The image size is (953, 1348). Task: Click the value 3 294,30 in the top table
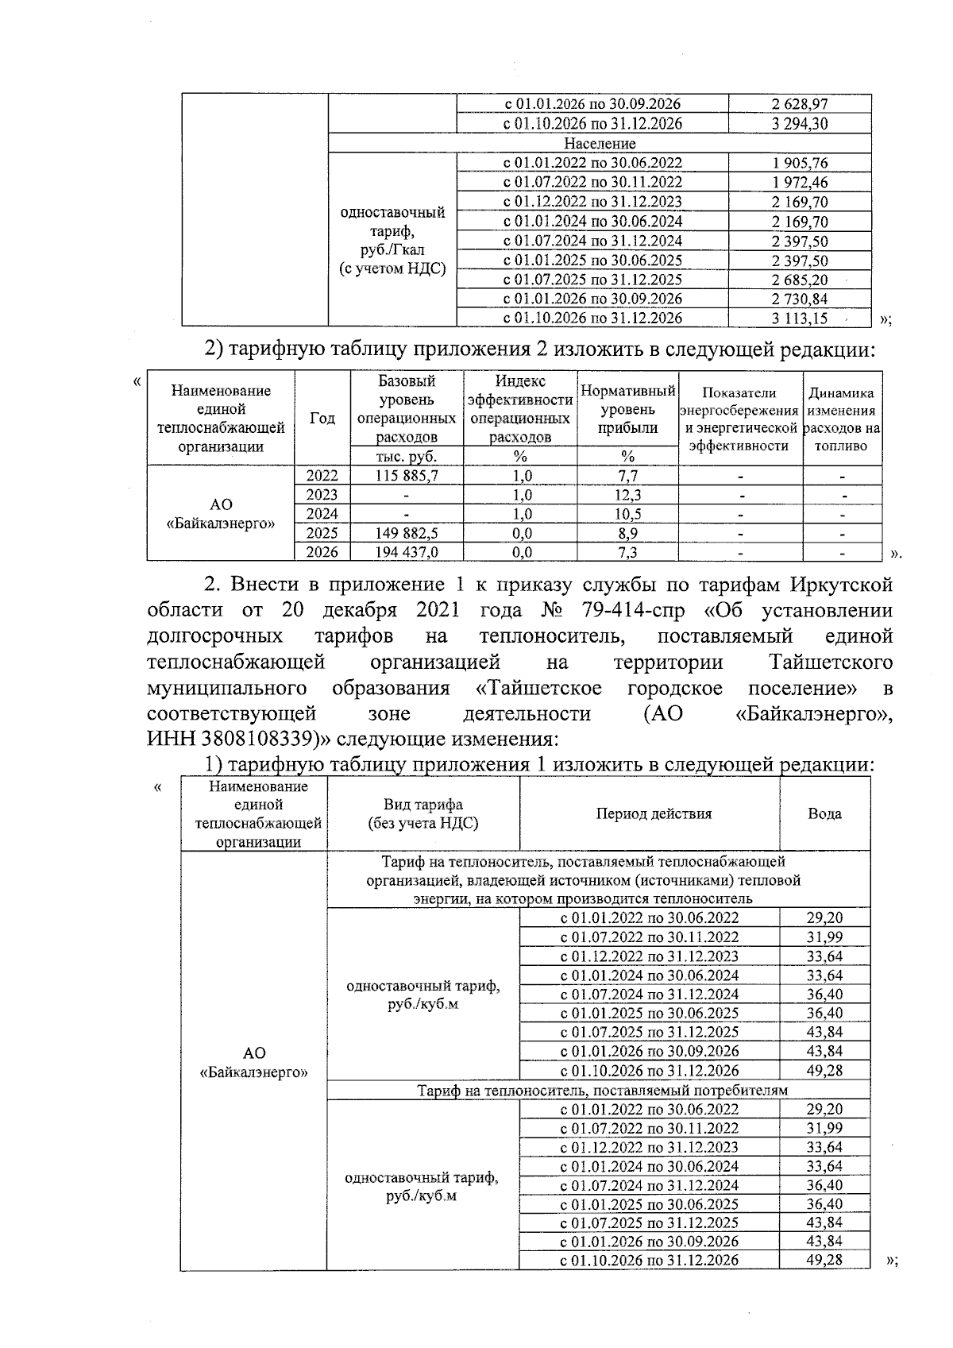(x=799, y=123)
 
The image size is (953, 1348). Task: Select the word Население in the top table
(x=600, y=144)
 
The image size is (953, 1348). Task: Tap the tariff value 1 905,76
(x=799, y=163)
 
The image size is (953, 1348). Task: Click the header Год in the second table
(x=322, y=419)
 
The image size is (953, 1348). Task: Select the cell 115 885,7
(x=407, y=476)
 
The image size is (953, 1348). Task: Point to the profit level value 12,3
(x=627, y=495)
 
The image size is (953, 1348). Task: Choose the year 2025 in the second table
(x=322, y=533)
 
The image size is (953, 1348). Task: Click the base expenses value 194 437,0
(x=407, y=552)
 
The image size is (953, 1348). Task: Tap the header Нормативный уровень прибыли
(x=627, y=409)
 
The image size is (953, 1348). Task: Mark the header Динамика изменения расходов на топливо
(x=842, y=419)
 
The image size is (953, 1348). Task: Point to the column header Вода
(x=824, y=813)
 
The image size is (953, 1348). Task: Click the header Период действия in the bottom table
(x=654, y=813)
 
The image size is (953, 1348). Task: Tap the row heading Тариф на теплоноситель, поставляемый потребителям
(x=603, y=1090)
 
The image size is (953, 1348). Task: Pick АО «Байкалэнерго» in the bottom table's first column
(x=254, y=1062)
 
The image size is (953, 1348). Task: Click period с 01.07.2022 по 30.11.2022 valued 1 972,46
(x=592, y=182)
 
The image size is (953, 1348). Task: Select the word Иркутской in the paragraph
(x=842, y=585)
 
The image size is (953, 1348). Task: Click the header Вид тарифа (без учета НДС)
(x=422, y=813)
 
